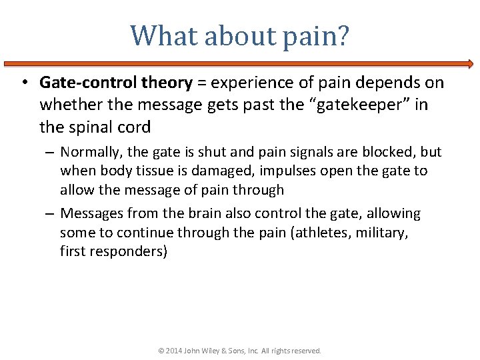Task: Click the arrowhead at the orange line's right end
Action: click(x=470, y=64)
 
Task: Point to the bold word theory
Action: click(x=167, y=83)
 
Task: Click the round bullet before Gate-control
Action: click(x=23, y=83)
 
